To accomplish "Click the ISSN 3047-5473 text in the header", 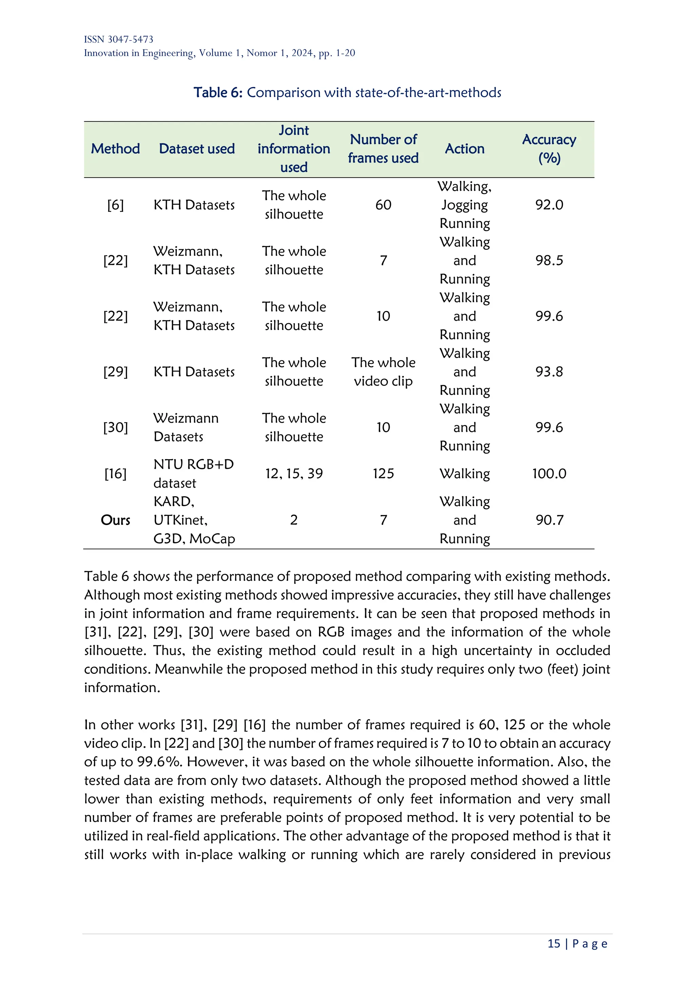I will pos(118,39).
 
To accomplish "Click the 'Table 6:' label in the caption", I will pos(218,92).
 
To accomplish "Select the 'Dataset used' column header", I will pos(197,149).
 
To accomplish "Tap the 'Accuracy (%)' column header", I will pos(549,149).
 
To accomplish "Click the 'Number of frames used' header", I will pos(383,149).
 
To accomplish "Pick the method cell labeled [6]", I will pos(115,205).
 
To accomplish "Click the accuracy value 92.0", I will pos(549,205).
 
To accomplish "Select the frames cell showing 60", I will pos(383,205).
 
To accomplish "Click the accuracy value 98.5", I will pos(549,260).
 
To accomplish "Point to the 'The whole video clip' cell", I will pos(383,372).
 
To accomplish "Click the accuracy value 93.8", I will pos(549,372).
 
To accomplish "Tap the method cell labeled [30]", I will pos(115,427).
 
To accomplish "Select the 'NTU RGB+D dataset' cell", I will pos(193,474).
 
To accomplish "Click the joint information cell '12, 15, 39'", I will pos(294,474).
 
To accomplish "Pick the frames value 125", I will pos(383,474).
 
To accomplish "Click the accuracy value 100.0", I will pos(549,474).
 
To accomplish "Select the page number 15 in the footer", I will pos(554,943).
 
